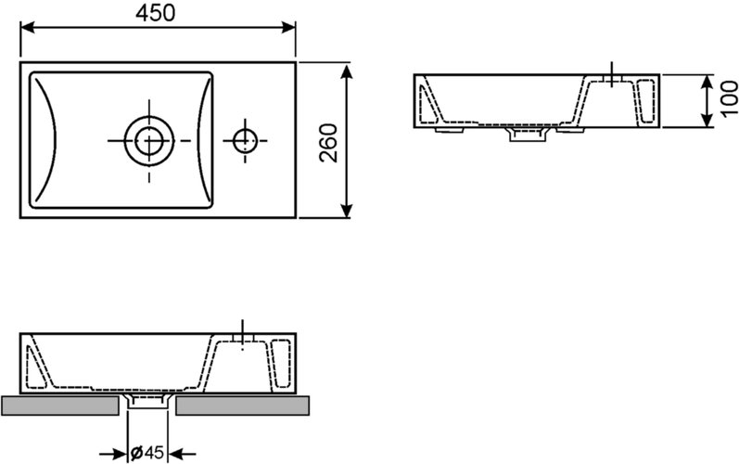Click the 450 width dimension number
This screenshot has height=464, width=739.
click(159, 12)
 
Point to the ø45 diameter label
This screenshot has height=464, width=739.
click(148, 453)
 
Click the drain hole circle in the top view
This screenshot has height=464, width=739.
click(148, 140)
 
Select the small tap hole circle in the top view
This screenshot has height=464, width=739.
click(245, 140)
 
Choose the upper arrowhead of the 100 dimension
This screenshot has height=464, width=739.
click(701, 80)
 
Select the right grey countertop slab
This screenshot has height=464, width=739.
click(243, 404)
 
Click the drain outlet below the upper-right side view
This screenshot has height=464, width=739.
click(529, 137)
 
